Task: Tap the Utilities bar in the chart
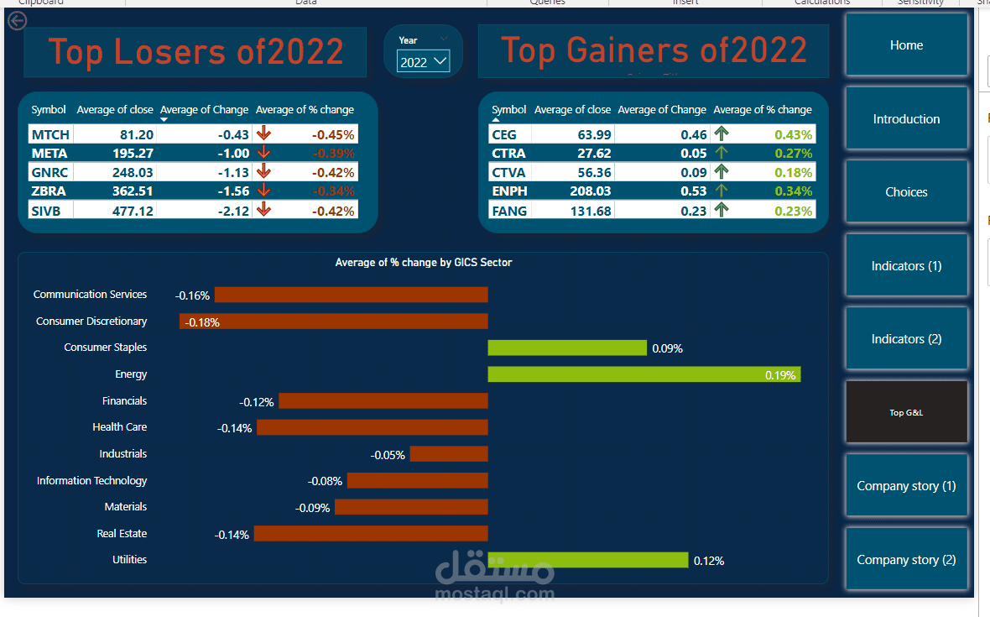point(587,560)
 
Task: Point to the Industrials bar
point(449,454)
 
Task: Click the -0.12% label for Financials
point(257,402)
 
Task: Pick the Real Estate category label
point(122,534)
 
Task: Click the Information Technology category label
point(91,481)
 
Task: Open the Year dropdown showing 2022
point(424,62)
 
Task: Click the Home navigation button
point(906,45)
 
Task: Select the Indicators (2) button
point(906,339)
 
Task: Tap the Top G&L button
point(906,412)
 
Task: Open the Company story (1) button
point(906,486)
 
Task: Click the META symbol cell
point(49,153)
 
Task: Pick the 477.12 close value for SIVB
point(133,211)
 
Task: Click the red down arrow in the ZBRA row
point(264,191)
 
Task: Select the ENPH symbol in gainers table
point(509,191)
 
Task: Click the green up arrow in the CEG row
point(720,133)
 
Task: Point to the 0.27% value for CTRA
point(793,153)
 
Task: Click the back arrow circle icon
point(17,21)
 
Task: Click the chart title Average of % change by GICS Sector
point(424,263)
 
